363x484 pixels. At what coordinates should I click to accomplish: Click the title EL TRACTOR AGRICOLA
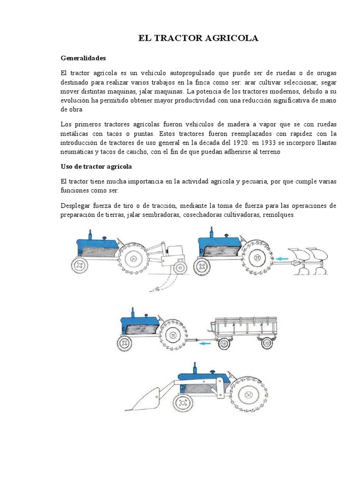click(x=198, y=38)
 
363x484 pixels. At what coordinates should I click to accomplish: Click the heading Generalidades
click(x=83, y=58)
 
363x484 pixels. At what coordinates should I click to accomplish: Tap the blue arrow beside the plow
click(x=283, y=259)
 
